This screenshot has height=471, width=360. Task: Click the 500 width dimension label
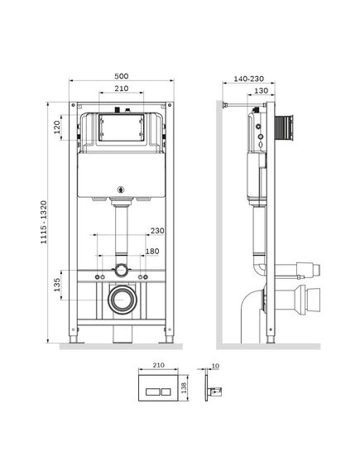point(122,76)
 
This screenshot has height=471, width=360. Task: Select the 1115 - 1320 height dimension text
point(44,222)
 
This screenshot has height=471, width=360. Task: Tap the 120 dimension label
point(57,127)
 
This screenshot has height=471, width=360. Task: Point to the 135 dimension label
point(57,285)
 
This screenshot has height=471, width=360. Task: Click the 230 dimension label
point(157,231)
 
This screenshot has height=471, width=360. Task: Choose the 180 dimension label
point(152,251)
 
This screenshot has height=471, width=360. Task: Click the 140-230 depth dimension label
point(249,79)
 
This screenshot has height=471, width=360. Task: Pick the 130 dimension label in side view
point(261,90)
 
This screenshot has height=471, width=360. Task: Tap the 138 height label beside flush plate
point(184,387)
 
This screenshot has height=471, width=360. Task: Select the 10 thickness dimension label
point(215,366)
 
